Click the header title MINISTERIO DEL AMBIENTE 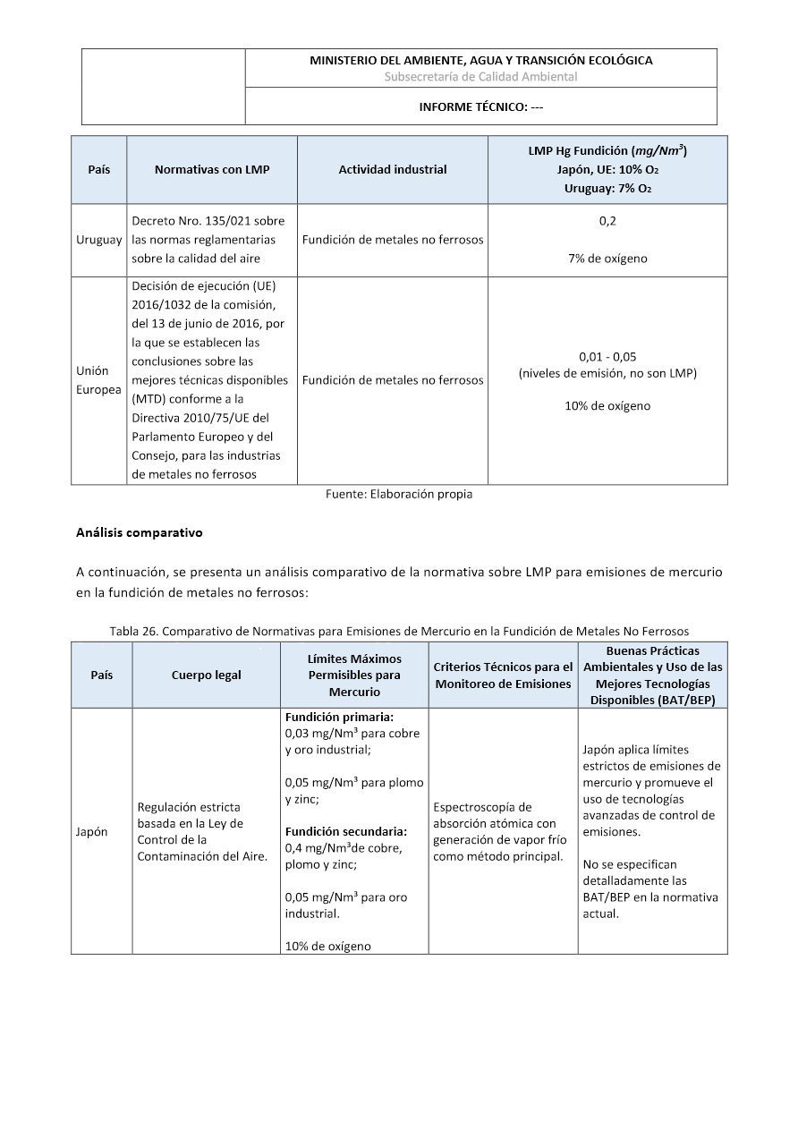point(480,61)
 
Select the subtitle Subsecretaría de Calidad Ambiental point(480,77)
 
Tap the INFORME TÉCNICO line point(480,107)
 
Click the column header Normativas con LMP point(212,170)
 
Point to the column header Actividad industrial point(393,170)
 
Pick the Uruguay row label point(99,240)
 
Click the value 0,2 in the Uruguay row point(607,221)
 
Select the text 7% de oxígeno point(607,259)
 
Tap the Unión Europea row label point(98,379)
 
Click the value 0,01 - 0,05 point(607,356)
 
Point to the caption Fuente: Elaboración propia point(399,494)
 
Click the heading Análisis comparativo point(140,532)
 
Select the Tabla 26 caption point(399,631)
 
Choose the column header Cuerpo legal point(207,675)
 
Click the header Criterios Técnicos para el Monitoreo point(503,675)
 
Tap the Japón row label point(91,831)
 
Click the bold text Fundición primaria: point(339,718)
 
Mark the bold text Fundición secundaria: point(345,831)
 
